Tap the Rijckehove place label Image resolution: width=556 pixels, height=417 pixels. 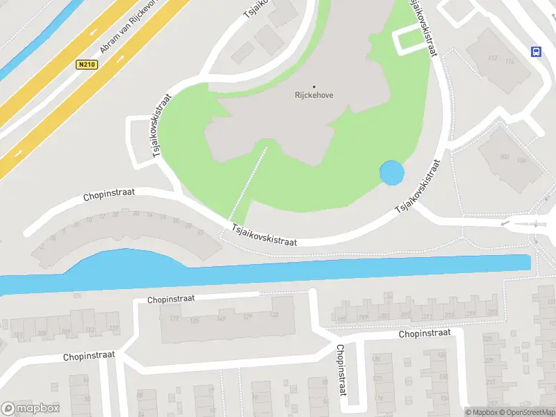click(x=313, y=96)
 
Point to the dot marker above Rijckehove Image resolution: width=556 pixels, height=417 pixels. click(x=313, y=87)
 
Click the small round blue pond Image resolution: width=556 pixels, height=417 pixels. click(x=391, y=173)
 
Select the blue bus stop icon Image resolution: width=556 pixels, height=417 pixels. click(x=536, y=51)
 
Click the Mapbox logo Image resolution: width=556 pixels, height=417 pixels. click(x=31, y=409)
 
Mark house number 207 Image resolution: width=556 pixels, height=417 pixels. click(x=405, y=316)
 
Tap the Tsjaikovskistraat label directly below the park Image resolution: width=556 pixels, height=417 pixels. click(x=263, y=234)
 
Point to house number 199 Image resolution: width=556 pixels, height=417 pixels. click(x=363, y=318)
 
